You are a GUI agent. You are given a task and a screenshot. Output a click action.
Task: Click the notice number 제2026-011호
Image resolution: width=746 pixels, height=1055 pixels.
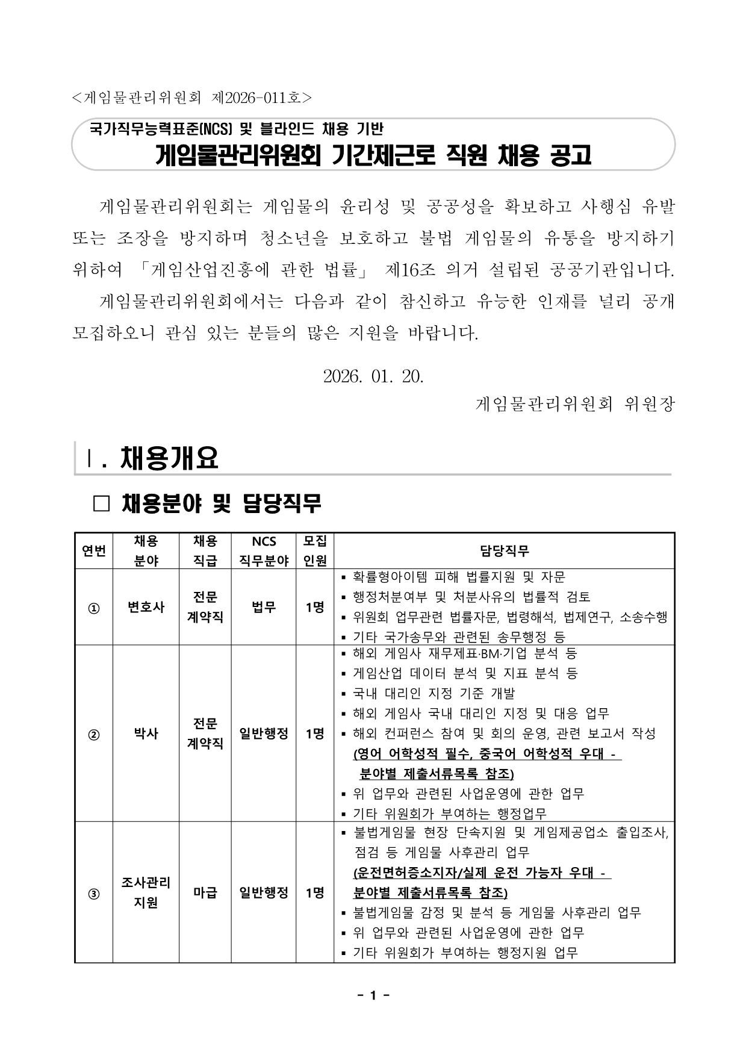262,96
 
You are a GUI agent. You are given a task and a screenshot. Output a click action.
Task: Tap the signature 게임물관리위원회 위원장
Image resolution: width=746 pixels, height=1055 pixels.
575,403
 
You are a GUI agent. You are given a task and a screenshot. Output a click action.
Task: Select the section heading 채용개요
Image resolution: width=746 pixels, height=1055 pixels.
169,458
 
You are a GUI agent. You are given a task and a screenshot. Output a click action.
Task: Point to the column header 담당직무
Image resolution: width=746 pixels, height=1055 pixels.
504,550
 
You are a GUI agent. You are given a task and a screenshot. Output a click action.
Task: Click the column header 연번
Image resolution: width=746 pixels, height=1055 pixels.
94,550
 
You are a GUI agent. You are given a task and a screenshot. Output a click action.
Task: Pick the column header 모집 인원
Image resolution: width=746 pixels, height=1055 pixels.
315,550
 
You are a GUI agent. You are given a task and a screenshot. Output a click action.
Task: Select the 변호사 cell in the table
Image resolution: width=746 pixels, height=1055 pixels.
146,607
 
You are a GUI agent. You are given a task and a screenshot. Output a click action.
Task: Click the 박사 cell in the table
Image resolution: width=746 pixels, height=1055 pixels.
146,733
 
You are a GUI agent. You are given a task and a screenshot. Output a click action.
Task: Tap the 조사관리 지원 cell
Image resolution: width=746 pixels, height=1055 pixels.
146,892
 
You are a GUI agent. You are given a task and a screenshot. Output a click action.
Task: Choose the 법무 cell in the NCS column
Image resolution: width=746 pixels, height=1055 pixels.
264,607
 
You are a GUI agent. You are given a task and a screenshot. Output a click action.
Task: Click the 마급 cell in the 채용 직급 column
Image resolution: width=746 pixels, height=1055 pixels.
205,892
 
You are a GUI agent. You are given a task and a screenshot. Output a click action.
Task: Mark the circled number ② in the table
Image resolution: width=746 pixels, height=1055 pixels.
94,734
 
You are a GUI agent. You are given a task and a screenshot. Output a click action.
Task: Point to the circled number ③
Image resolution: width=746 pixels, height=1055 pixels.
94,893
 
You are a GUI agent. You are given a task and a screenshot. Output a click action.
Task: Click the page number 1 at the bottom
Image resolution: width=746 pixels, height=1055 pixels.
373,995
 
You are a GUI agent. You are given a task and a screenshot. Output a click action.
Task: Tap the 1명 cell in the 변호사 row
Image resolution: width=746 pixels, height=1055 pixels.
315,607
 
